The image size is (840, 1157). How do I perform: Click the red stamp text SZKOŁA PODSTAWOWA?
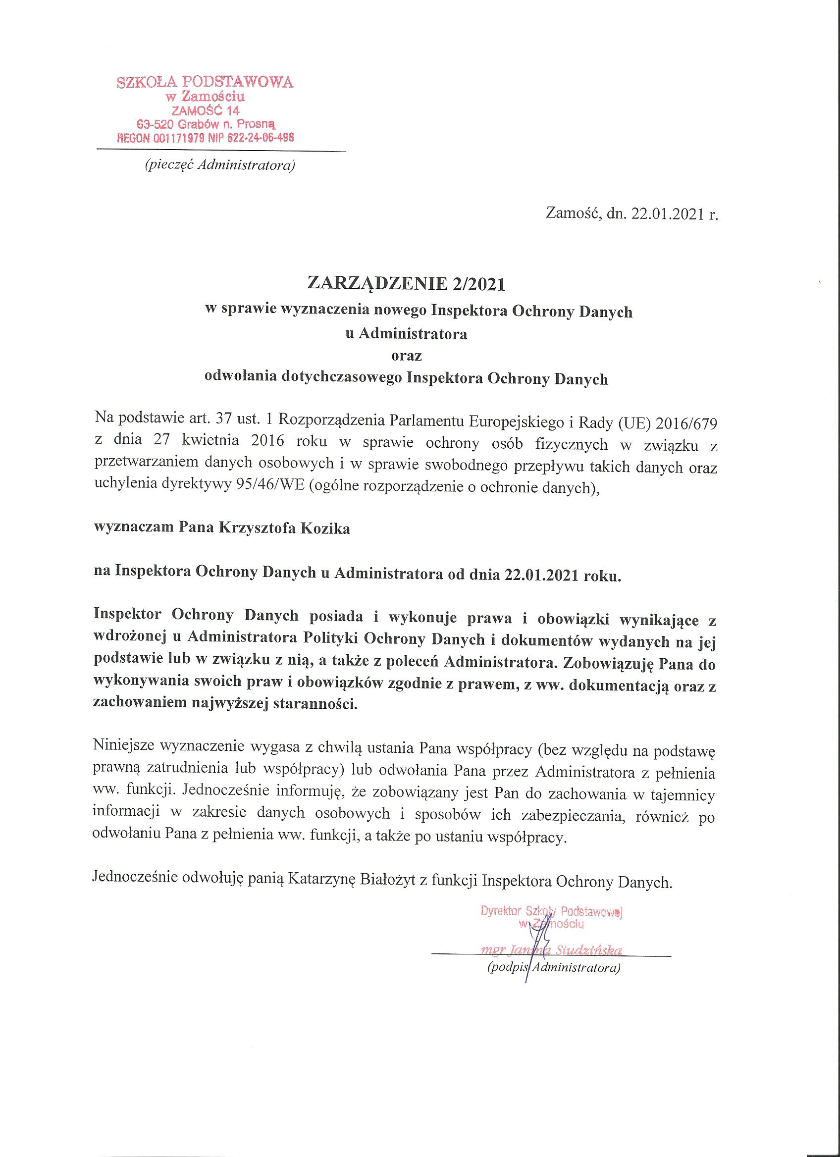point(205,82)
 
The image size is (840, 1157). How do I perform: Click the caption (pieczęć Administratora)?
point(220,166)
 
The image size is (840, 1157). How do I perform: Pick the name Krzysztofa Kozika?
point(284,528)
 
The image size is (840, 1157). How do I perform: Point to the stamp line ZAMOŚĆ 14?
point(205,110)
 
